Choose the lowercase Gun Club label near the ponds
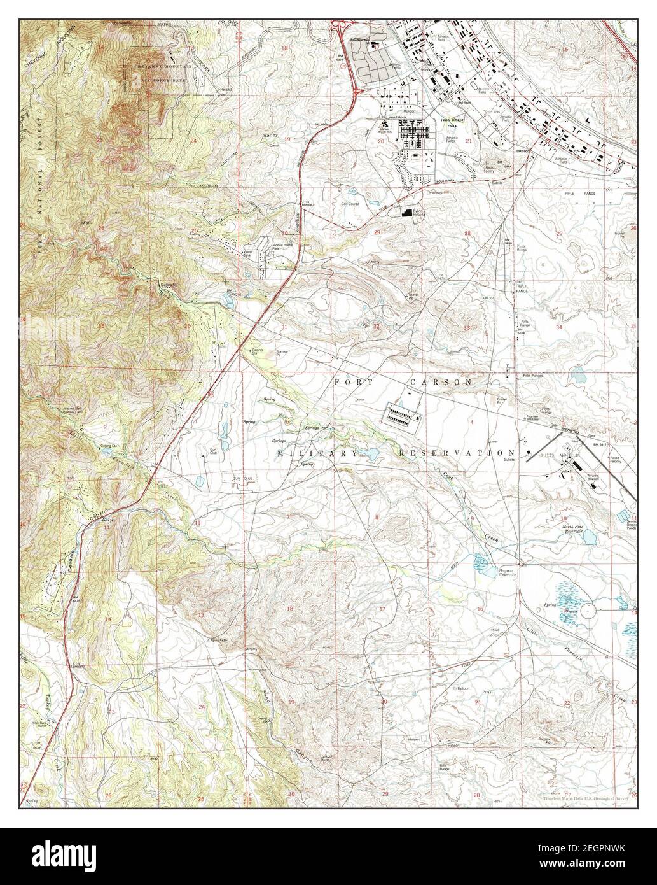pyautogui.click(x=212, y=451)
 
